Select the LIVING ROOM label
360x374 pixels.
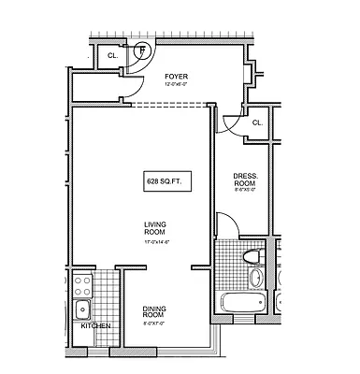click(x=155, y=229)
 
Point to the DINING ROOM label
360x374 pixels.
click(x=154, y=312)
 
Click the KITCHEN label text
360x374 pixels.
click(x=96, y=325)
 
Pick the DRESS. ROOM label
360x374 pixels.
click(x=245, y=180)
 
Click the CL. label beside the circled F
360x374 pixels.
click(x=113, y=55)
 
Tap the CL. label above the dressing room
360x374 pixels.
click(x=256, y=122)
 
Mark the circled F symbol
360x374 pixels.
click(x=143, y=49)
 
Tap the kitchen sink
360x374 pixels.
click(x=82, y=309)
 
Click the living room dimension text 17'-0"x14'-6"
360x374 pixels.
click(x=155, y=242)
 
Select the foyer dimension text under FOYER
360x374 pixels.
click(x=177, y=84)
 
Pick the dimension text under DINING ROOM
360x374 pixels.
click(x=154, y=325)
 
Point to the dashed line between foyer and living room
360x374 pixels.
click(x=168, y=104)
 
